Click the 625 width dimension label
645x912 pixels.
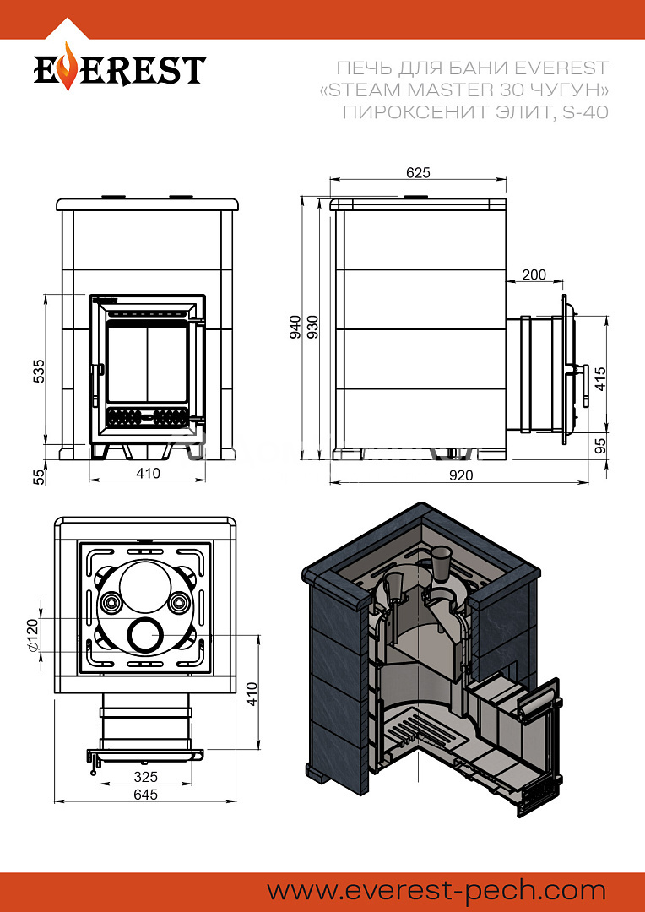(x=418, y=173)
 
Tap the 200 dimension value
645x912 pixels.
(x=534, y=274)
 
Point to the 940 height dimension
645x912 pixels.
(x=295, y=327)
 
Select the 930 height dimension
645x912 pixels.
(x=312, y=327)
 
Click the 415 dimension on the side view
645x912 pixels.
(x=601, y=378)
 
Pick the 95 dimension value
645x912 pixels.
(x=601, y=446)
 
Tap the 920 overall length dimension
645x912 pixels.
(x=461, y=475)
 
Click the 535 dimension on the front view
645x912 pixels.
(x=38, y=371)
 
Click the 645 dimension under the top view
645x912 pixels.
(x=145, y=794)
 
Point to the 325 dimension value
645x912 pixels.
(x=145, y=777)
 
